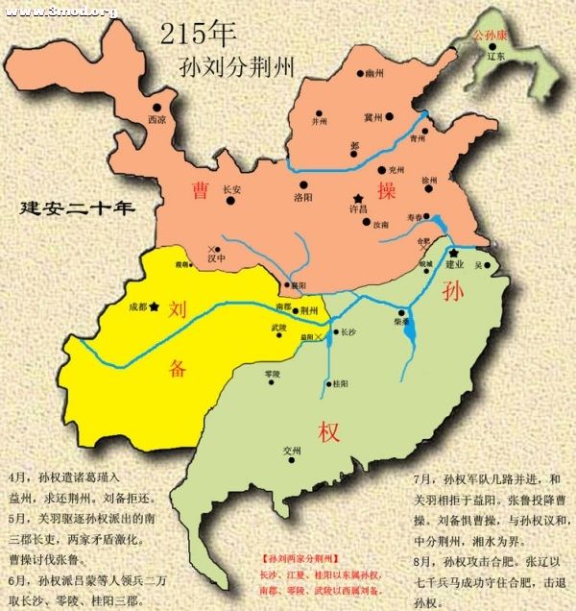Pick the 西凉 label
pos(156,120)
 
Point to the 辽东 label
pos(495,57)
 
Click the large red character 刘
pos(177,309)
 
